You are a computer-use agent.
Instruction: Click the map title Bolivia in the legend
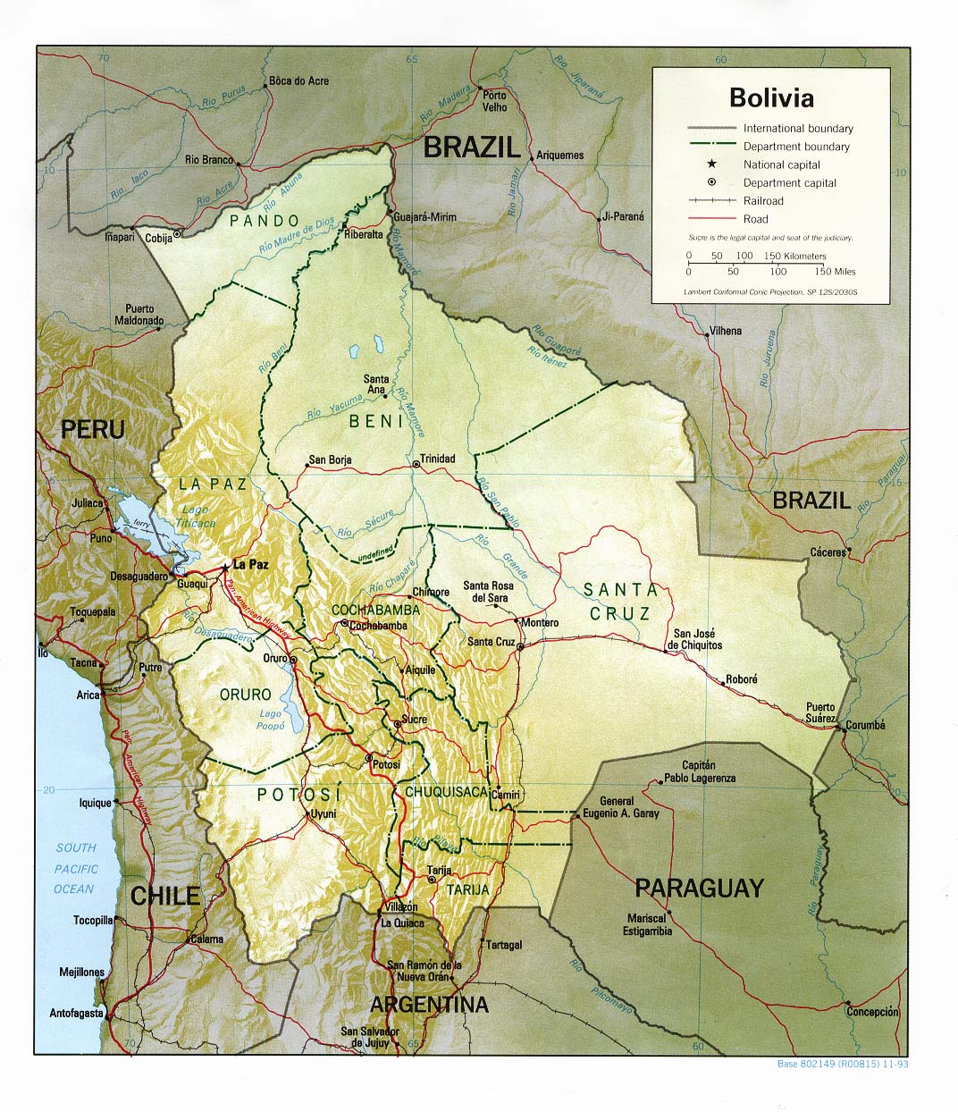tap(771, 97)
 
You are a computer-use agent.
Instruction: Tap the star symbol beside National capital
tap(711, 164)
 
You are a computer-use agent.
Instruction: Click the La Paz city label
tap(250, 565)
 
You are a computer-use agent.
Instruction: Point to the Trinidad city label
tap(437, 459)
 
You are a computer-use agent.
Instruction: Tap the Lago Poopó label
tap(270, 720)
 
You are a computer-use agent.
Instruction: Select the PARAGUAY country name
tap(699, 888)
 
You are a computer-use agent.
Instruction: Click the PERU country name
tap(92, 429)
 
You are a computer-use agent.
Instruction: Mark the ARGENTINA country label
tap(429, 1004)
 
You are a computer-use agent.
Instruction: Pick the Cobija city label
tap(158, 238)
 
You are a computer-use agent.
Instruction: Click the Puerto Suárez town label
tap(820, 712)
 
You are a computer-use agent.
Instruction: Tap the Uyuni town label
tap(322, 814)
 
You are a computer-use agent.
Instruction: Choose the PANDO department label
tap(264, 220)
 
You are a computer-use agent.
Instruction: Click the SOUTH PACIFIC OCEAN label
tap(75, 868)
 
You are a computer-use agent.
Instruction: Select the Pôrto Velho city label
tap(494, 101)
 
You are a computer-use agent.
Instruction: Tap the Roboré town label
tap(741, 679)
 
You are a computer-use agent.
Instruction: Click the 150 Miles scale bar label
tap(834, 271)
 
